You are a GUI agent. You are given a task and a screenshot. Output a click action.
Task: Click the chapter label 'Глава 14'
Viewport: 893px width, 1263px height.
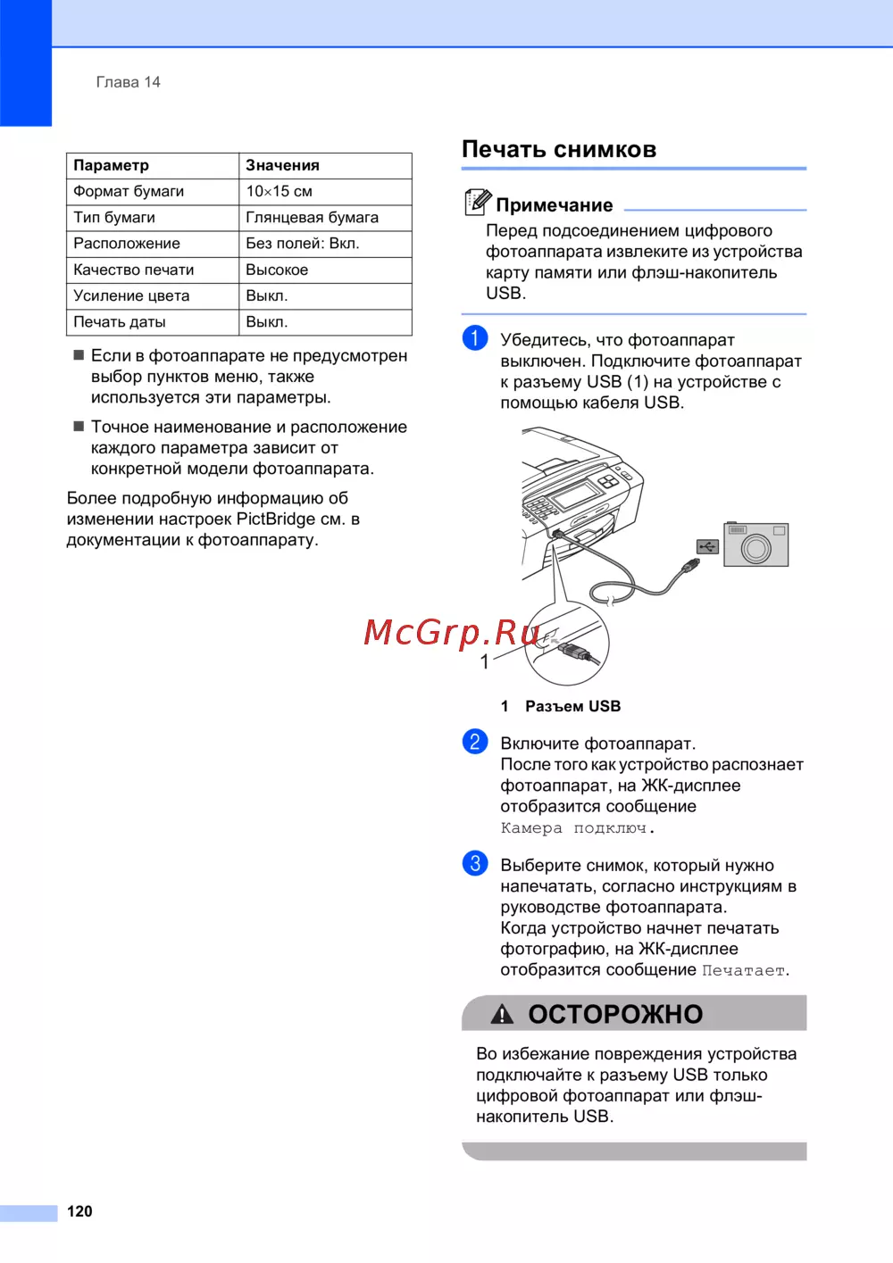pos(128,82)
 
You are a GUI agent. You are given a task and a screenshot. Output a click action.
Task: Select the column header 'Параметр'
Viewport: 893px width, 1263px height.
pos(111,165)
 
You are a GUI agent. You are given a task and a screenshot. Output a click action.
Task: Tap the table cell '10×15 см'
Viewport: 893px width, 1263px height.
pos(279,191)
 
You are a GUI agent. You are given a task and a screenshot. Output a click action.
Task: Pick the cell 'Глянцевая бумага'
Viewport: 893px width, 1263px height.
pos(312,217)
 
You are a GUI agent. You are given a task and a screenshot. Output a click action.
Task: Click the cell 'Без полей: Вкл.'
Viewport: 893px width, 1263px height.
pos(302,243)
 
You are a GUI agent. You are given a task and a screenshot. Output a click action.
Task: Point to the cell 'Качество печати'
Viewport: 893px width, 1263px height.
pos(133,270)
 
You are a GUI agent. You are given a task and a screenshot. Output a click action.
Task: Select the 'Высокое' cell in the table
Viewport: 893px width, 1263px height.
pos(277,270)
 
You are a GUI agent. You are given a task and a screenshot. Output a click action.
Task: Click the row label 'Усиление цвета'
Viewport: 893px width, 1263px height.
pos(131,295)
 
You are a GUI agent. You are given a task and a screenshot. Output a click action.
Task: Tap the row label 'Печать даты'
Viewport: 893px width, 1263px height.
pos(119,321)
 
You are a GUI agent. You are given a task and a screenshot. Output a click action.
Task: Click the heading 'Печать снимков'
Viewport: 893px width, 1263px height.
pos(559,149)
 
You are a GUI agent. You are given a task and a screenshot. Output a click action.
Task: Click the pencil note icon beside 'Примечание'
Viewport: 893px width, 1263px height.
pos(477,203)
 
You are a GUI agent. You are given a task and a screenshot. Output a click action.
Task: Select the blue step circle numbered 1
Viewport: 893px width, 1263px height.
pos(475,338)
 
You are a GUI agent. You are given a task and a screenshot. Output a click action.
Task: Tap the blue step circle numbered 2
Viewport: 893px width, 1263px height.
pos(475,742)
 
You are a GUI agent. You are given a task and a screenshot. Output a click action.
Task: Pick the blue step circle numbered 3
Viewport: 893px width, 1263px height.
pos(475,863)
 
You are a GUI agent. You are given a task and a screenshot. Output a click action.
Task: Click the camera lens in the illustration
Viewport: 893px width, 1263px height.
pos(755,548)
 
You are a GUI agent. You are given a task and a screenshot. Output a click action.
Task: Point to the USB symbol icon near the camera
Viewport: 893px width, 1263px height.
pos(707,546)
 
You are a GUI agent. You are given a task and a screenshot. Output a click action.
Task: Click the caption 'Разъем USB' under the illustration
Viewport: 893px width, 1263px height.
pos(572,706)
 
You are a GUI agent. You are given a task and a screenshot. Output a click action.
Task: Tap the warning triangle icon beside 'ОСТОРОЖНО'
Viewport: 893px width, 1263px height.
pos(502,1014)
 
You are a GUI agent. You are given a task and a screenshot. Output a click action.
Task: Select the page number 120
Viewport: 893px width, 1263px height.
pos(79,1211)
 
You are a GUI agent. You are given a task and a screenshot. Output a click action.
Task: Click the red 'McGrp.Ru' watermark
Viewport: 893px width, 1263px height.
pos(451,632)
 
